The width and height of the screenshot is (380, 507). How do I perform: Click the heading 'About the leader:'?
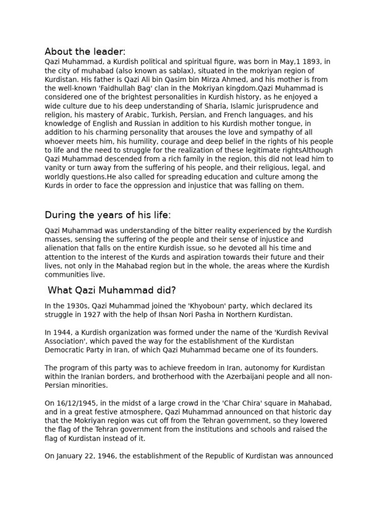85,51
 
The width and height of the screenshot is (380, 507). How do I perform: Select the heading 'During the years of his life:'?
107,215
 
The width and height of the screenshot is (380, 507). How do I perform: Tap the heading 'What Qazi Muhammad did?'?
112,290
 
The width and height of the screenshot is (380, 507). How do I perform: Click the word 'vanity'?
55,168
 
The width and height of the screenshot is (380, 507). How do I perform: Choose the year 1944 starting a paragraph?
61,333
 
